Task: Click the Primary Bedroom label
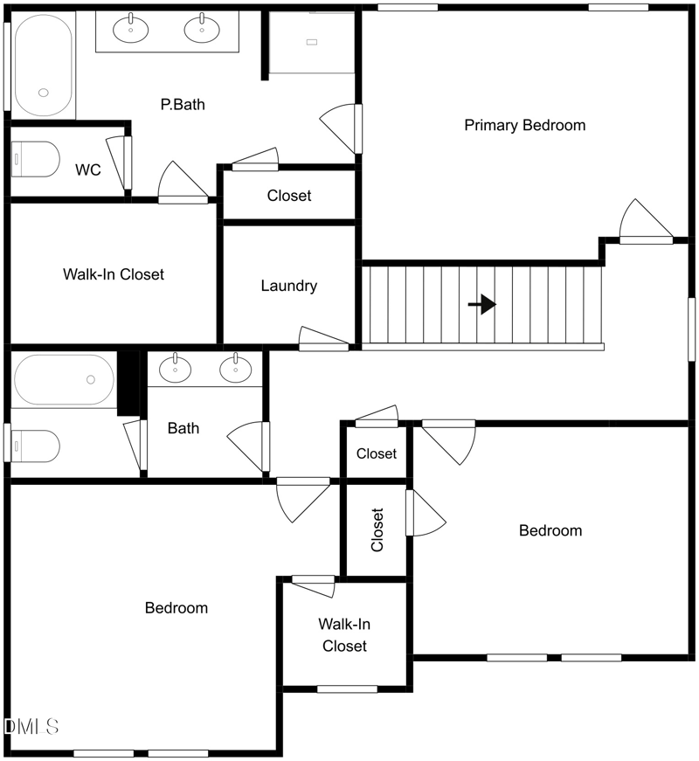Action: point(525,125)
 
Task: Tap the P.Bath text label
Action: point(183,104)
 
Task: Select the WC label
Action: point(88,169)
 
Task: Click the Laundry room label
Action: point(289,286)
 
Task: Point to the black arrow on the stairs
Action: point(482,304)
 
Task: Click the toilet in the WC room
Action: point(36,159)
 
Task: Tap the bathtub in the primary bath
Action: point(44,65)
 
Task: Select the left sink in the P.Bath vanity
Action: point(130,29)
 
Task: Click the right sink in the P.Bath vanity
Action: point(202,29)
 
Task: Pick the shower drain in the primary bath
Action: point(312,42)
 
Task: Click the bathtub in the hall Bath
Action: point(64,379)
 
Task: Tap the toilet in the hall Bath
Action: point(36,446)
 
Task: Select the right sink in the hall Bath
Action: point(235,369)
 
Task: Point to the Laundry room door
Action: point(324,339)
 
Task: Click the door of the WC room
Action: point(120,163)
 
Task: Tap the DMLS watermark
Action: point(31,727)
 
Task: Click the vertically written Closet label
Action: point(377,529)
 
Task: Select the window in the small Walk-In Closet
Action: point(347,688)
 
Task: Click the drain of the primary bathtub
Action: point(44,93)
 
